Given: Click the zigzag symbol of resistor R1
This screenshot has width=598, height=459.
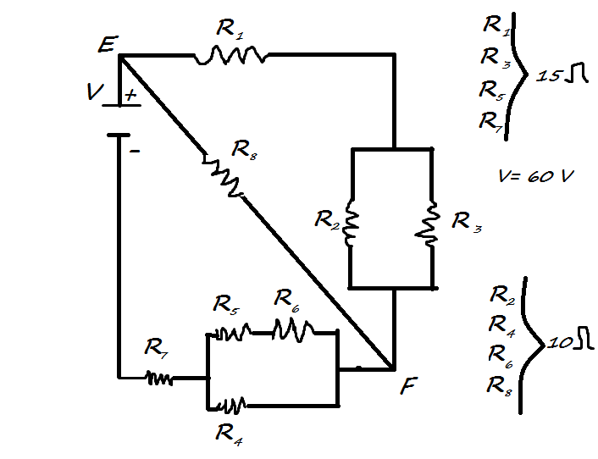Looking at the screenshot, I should tap(230, 56).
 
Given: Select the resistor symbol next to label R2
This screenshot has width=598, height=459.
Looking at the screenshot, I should tap(352, 225).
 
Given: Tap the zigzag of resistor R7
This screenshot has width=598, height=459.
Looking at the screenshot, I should tap(158, 379).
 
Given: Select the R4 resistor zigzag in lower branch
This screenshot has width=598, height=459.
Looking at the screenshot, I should tap(229, 403).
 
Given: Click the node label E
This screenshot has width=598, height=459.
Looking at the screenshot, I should tap(106, 44).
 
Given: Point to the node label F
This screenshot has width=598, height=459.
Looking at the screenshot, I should tap(408, 388).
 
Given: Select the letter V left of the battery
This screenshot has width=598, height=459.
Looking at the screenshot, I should tap(94, 92).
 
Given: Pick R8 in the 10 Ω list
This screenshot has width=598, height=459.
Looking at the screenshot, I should tap(499, 385).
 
